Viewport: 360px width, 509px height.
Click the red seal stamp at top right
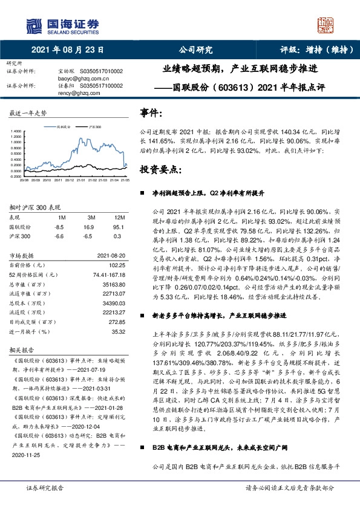(327, 26)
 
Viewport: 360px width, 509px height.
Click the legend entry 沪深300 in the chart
(95, 128)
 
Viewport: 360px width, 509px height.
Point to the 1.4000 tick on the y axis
(15, 131)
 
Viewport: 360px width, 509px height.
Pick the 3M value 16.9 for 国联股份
(91, 227)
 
